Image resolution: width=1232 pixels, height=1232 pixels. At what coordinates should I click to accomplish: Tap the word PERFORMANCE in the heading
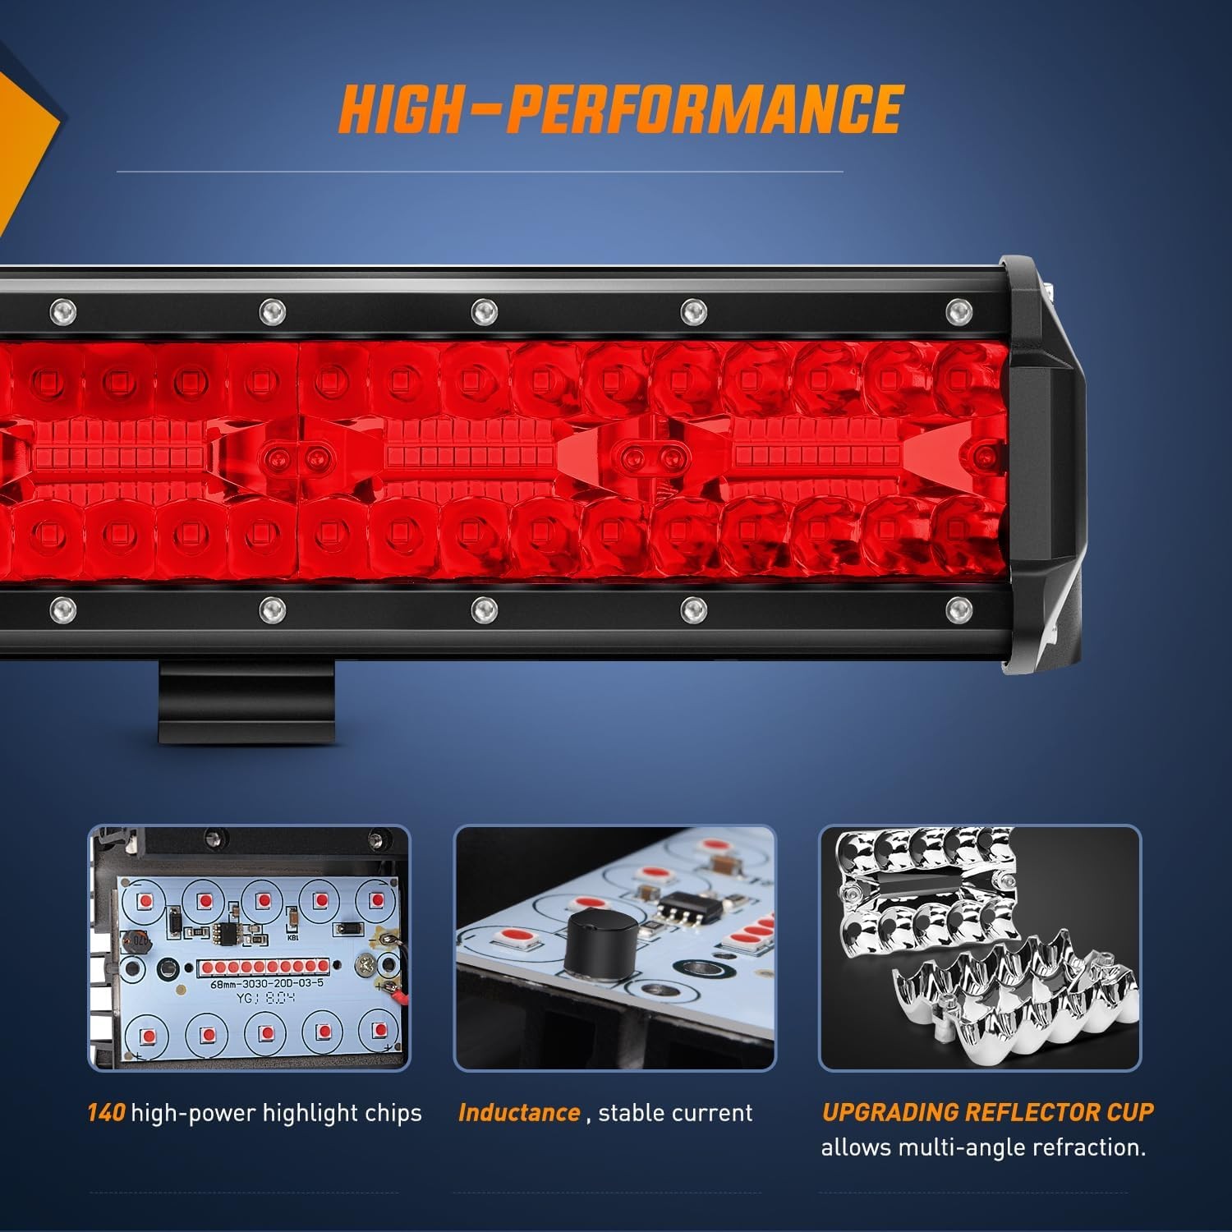pyautogui.click(x=706, y=108)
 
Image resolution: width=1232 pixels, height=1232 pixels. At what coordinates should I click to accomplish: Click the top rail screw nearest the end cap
pyautogui.click(x=958, y=311)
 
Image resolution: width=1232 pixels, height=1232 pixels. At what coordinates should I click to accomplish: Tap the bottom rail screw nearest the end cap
pyautogui.click(x=958, y=609)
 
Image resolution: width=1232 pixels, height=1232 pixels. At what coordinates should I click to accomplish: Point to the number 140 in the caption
pyautogui.click(x=106, y=1113)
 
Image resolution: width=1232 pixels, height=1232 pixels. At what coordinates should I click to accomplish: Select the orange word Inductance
pyautogui.click(x=519, y=1113)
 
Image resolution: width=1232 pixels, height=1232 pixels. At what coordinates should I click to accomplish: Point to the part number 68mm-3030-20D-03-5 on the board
pyautogui.click(x=267, y=983)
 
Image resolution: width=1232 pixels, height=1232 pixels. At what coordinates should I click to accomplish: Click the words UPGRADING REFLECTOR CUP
pyautogui.click(x=987, y=1112)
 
